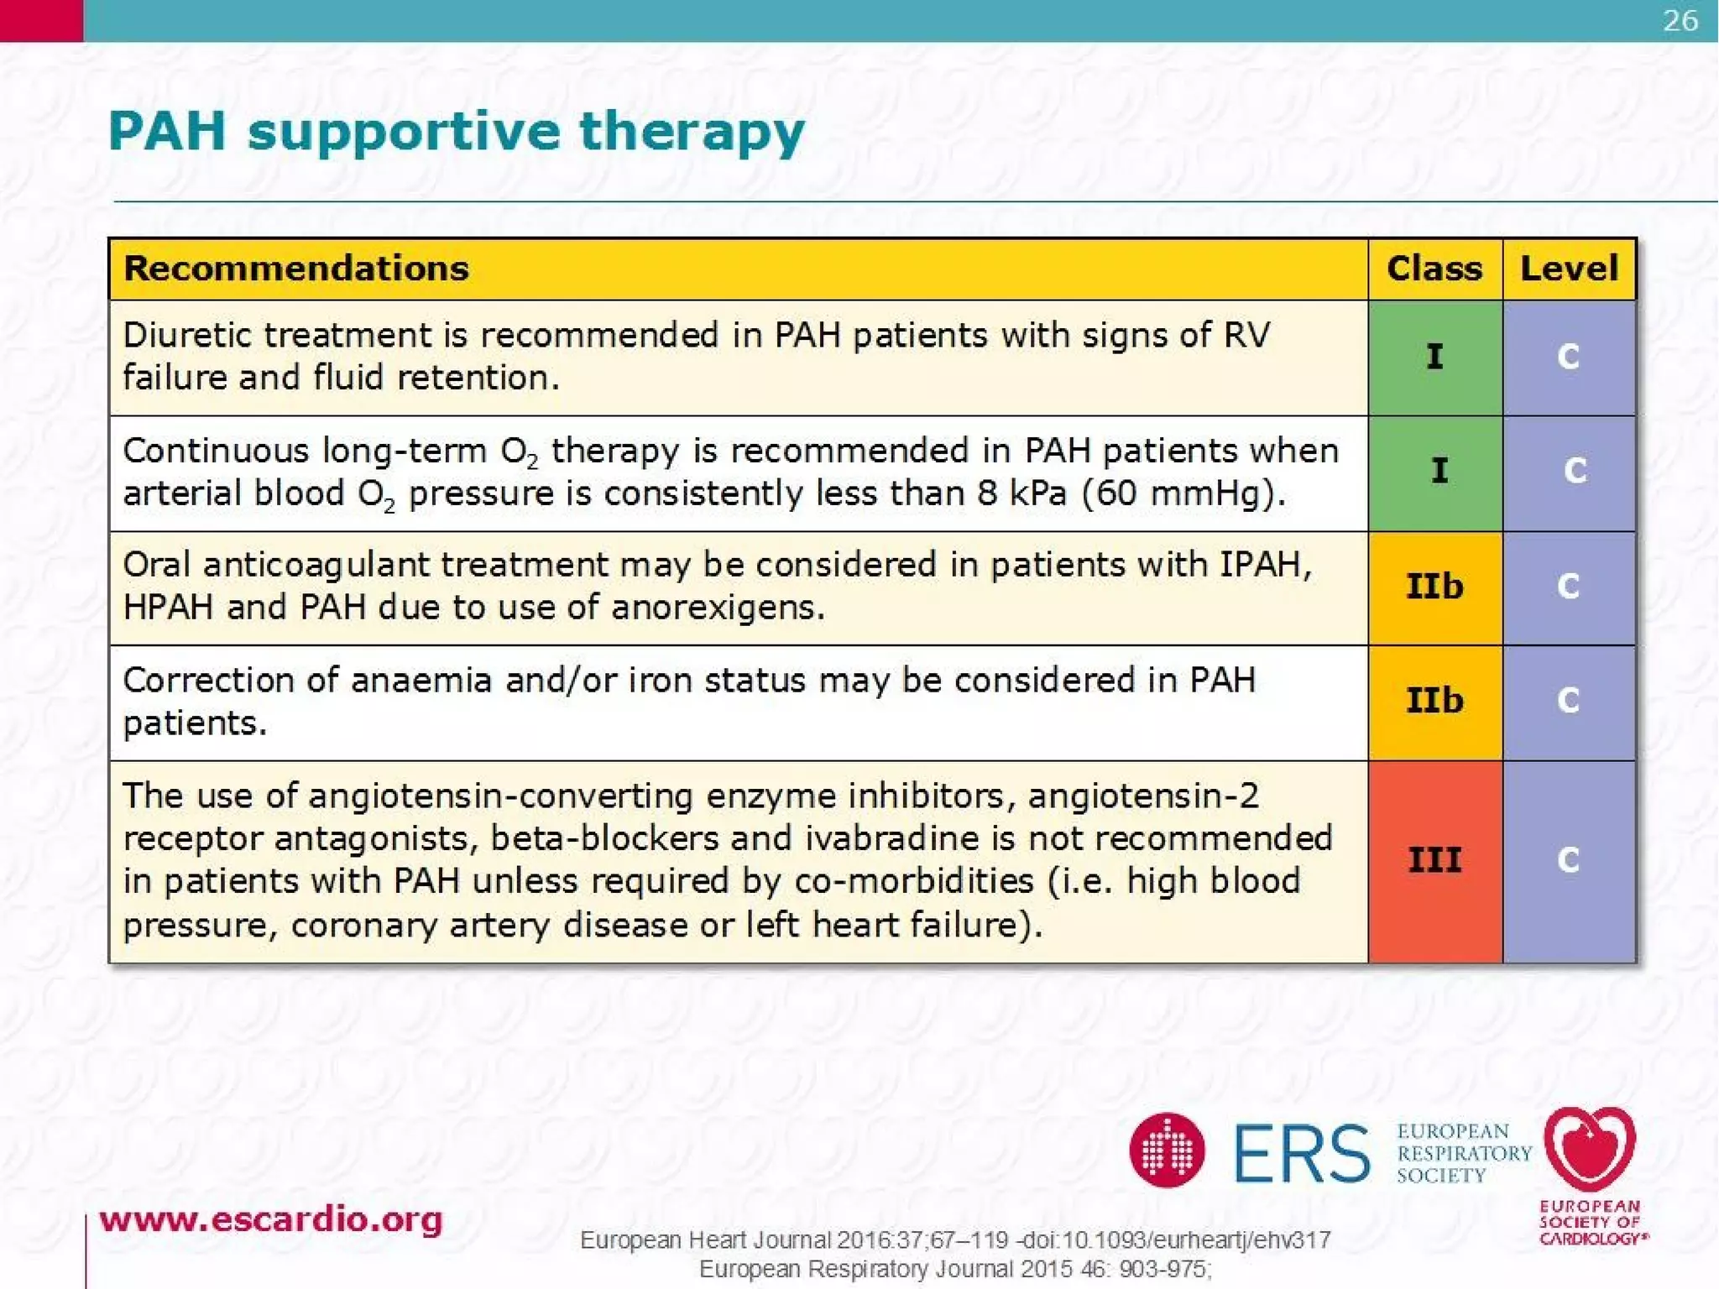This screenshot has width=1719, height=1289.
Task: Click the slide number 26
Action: [1680, 20]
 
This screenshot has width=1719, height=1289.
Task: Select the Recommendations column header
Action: [296, 269]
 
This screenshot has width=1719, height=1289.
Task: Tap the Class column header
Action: [1434, 269]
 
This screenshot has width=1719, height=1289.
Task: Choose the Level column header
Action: [1569, 269]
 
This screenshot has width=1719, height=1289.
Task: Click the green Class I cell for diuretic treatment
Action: [1435, 357]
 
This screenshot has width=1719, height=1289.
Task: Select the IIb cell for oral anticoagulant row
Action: [1435, 587]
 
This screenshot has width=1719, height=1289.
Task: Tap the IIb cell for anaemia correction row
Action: [1435, 701]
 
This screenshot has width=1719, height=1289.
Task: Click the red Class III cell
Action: [1435, 860]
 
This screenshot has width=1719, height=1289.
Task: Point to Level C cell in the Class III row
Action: [1569, 860]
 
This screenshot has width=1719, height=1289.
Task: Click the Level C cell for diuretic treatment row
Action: [1569, 357]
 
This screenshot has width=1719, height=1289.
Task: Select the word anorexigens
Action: [718, 608]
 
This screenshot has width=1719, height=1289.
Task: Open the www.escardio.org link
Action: [271, 1219]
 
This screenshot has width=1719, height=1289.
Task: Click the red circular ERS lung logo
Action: [1167, 1151]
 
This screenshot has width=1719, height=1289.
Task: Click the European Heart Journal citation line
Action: [955, 1239]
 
